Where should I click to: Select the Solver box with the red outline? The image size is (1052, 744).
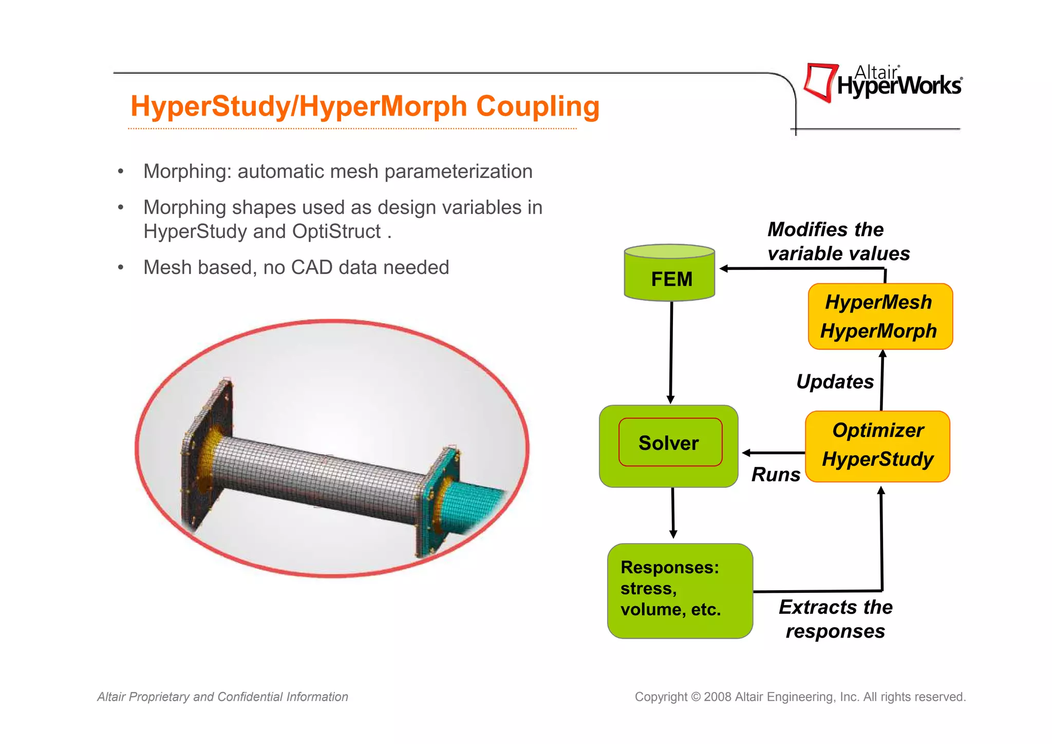pos(670,443)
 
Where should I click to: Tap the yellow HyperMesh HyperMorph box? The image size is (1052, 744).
pos(879,317)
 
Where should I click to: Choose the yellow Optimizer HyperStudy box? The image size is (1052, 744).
pos(877,445)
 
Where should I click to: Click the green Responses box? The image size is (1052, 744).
pos(679,590)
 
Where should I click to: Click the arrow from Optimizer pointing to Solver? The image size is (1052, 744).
pos(773,453)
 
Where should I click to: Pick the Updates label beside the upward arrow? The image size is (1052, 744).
pos(835,382)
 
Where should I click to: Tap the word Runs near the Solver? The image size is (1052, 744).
pos(775,475)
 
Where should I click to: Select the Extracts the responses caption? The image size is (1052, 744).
pos(835,619)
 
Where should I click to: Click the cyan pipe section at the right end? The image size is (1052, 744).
pos(470,504)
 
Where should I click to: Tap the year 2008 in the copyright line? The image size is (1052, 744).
pos(717,697)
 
